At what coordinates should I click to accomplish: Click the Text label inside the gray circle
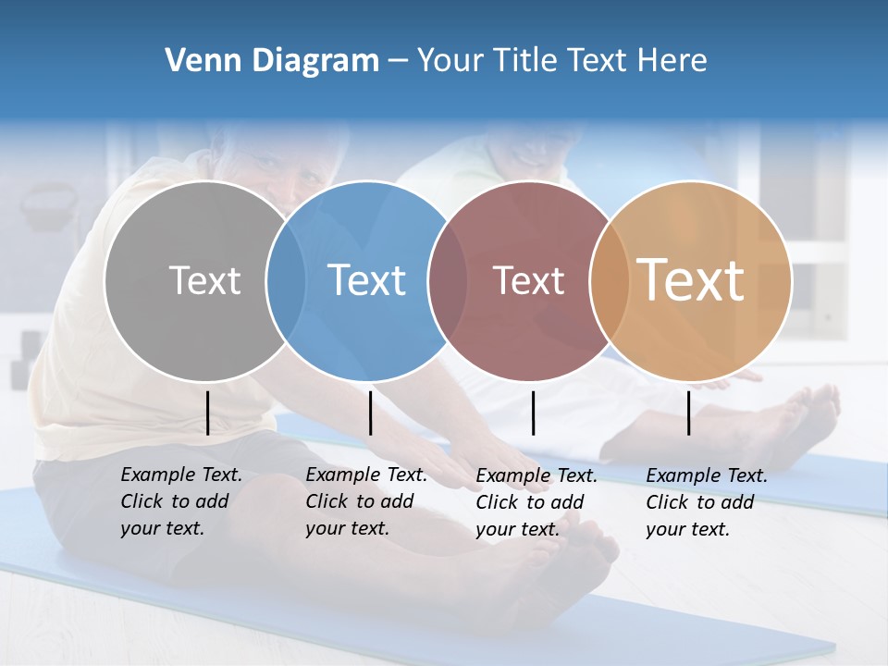click(204, 280)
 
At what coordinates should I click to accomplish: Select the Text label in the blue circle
click(367, 280)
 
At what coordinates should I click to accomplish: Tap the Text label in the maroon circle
click(528, 280)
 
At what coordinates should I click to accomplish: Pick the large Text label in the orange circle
click(690, 279)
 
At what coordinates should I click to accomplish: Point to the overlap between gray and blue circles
click(286, 280)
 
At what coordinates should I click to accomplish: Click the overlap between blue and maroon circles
click(448, 280)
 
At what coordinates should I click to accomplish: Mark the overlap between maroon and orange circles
click(608, 280)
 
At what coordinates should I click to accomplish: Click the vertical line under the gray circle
click(208, 413)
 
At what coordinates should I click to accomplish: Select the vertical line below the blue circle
click(370, 413)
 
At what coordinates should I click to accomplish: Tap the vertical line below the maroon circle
click(533, 413)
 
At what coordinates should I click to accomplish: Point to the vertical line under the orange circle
click(689, 413)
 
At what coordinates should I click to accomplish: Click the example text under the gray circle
click(180, 501)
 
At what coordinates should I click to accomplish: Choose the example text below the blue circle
click(365, 501)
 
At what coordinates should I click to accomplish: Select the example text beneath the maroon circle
click(536, 502)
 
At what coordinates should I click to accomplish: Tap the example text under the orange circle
click(706, 502)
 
